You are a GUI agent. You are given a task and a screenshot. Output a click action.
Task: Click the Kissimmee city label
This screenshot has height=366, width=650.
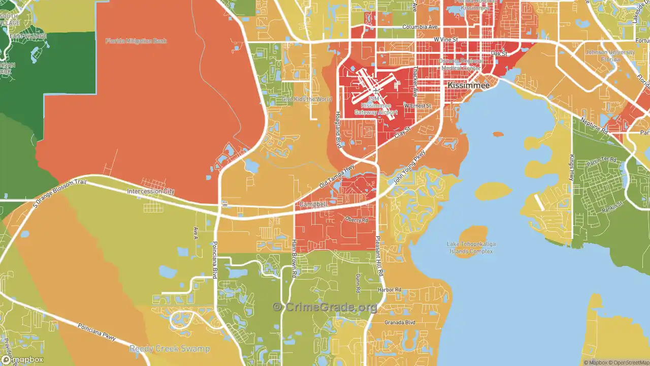coord(468,86)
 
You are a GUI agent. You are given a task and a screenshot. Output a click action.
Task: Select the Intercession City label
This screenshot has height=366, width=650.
coord(150,192)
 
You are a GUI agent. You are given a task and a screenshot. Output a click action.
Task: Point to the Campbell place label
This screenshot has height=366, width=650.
coord(312,204)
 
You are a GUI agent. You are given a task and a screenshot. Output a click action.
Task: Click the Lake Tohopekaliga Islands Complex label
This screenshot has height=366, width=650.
coord(471,248)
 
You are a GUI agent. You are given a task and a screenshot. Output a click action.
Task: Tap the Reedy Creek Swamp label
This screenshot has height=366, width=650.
coord(169,349)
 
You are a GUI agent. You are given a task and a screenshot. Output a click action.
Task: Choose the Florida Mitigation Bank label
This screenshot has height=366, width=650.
coord(136,41)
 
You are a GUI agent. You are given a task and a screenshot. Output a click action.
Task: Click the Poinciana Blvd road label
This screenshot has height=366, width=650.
coord(215,259)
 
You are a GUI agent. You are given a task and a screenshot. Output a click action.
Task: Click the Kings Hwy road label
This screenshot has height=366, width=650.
coord(571,167)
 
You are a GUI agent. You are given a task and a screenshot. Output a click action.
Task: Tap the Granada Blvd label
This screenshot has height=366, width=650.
coord(400,322)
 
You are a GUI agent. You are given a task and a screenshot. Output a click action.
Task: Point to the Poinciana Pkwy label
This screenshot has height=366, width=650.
coord(96,332)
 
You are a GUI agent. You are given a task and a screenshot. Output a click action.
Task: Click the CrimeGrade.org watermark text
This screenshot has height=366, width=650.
coord(325,307)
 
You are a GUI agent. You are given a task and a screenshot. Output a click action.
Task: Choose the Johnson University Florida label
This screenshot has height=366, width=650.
coord(610,56)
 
